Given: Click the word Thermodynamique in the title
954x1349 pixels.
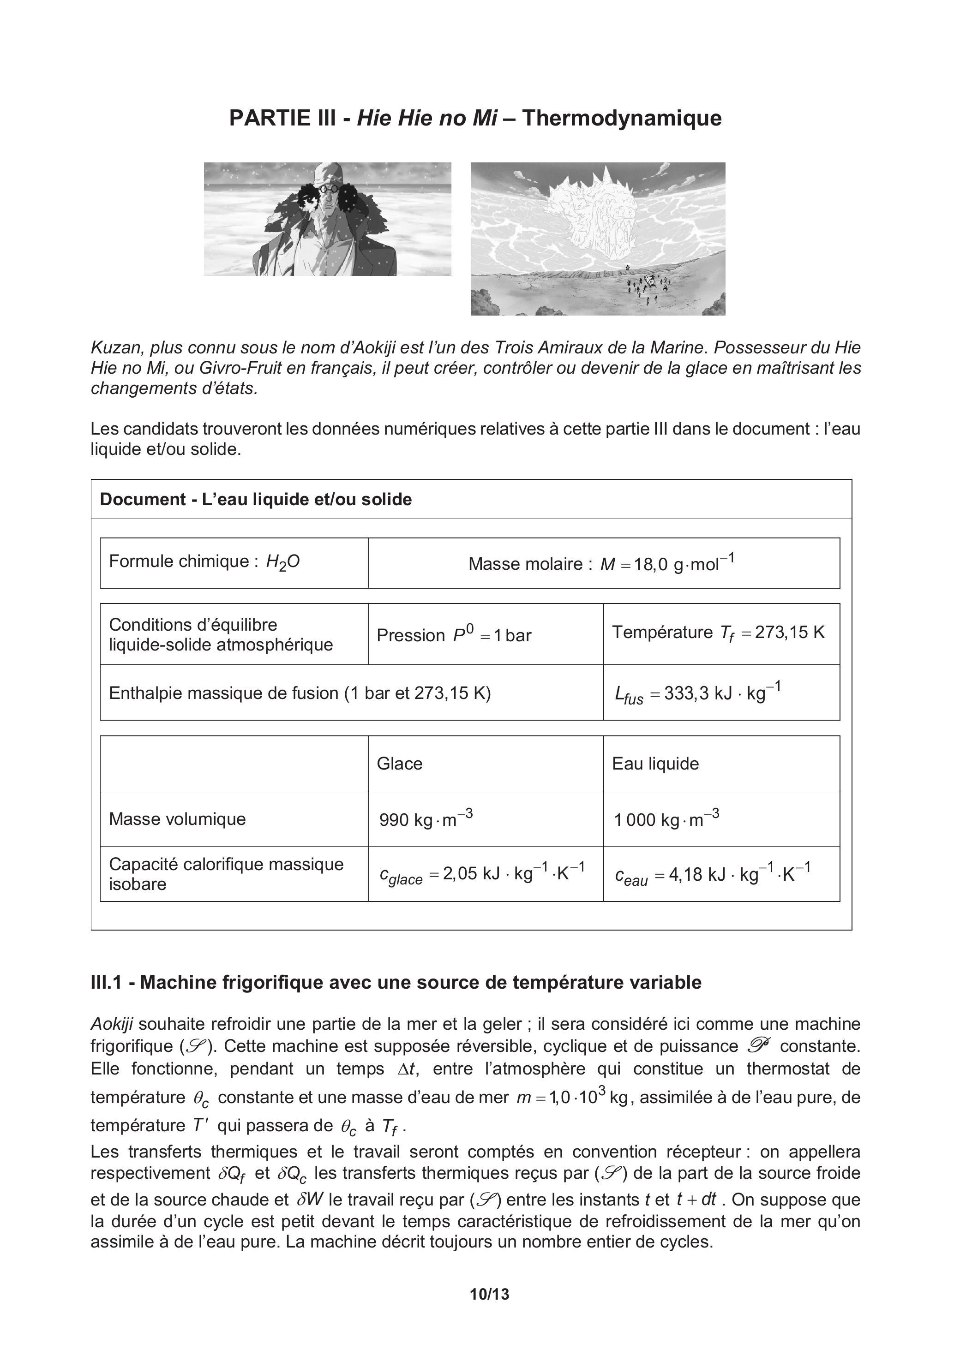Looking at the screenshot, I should [x=622, y=118].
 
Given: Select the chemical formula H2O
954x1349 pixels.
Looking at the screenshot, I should [x=283, y=561].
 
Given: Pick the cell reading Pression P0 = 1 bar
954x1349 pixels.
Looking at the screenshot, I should [x=454, y=635].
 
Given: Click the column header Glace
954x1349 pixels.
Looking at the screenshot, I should [x=400, y=764].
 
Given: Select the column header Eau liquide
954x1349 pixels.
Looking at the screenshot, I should [x=655, y=764].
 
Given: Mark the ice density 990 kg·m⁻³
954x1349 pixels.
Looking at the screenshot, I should [x=426, y=819].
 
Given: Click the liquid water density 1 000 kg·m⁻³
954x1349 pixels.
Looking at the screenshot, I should [x=666, y=819].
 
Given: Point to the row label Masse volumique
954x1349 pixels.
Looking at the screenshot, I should [x=178, y=819].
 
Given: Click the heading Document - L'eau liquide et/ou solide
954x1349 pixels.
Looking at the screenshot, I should [x=256, y=499].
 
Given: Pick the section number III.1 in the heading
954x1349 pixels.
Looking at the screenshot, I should [x=107, y=982].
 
